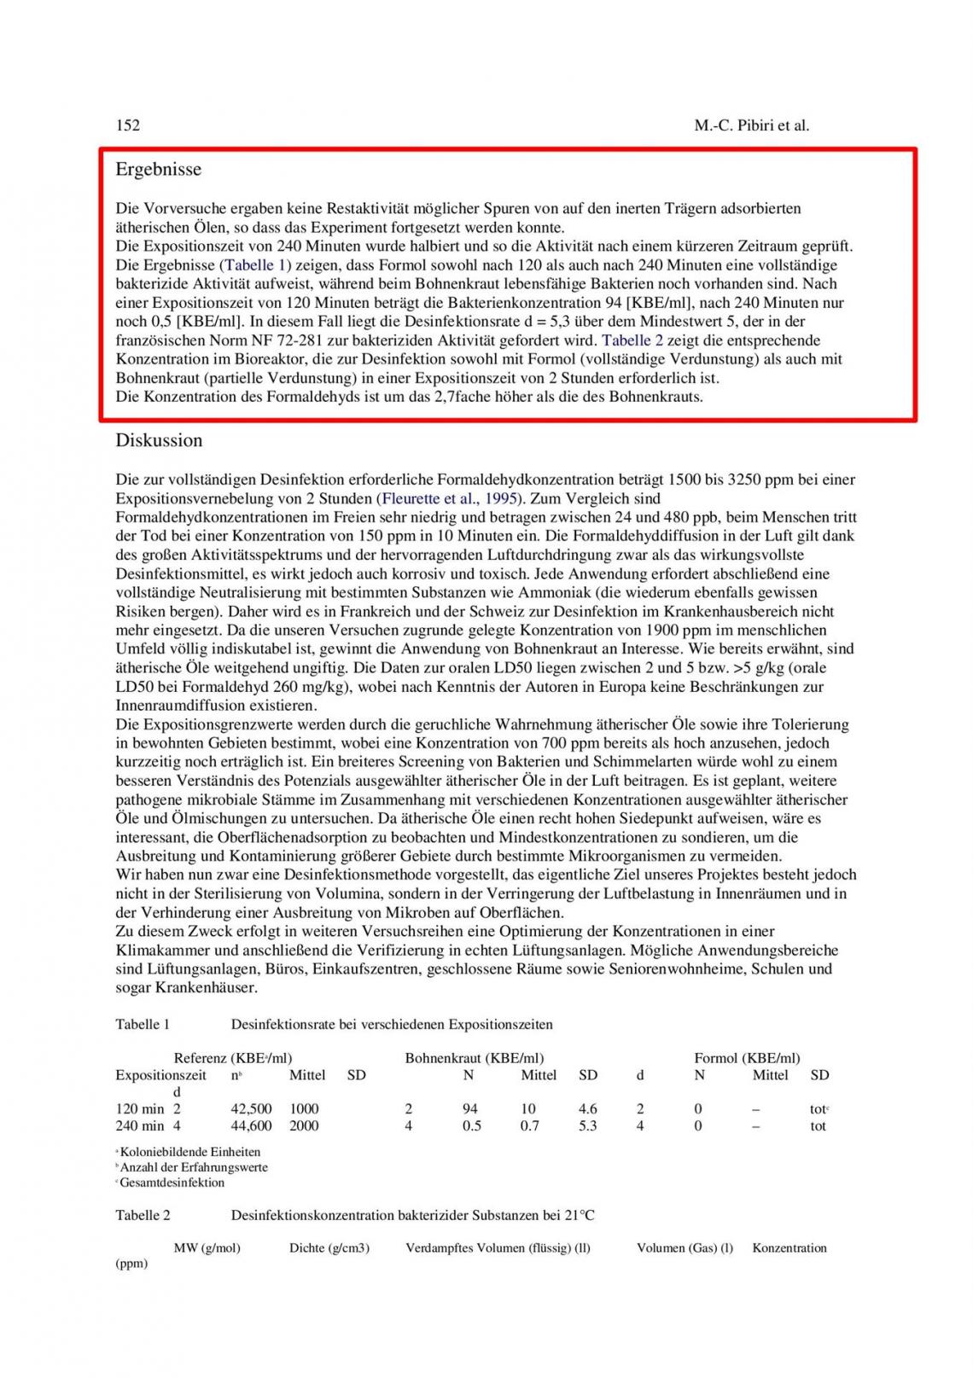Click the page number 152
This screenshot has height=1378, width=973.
[128, 125]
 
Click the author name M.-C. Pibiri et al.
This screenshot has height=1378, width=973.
[751, 125]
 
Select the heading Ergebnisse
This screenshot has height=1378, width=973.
[159, 169]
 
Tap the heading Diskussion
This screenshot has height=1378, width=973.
[160, 440]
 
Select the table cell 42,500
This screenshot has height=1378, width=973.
[252, 1109]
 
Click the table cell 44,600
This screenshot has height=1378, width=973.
[252, 1126]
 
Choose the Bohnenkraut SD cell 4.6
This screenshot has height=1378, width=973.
[588, 1109]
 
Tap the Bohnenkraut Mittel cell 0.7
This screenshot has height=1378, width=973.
[529, 1126]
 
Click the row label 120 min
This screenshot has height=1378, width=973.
[140, 1109]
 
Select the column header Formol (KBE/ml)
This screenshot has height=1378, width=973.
[747, 1058]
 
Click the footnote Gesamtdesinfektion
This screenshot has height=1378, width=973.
[172, 1183]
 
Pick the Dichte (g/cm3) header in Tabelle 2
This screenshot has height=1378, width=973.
[329, 1247]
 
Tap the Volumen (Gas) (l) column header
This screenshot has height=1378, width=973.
[685, 1247]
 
